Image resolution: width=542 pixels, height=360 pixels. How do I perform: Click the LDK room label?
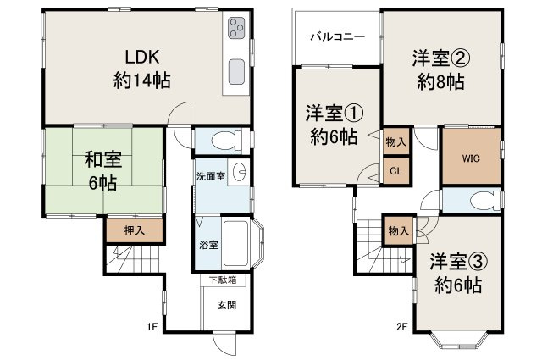point(143,68)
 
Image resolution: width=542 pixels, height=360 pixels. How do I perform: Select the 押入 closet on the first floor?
point(123,229)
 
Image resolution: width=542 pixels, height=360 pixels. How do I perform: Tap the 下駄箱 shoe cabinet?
point(223,280)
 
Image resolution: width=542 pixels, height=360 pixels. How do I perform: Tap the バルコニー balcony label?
point(336,37)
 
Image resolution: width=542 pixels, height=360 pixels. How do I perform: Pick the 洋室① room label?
point(331,124)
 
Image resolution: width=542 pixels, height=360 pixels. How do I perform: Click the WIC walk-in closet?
point(471,158)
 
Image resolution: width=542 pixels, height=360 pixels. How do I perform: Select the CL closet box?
point(395,170)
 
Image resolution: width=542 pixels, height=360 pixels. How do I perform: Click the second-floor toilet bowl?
point(475,201)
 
